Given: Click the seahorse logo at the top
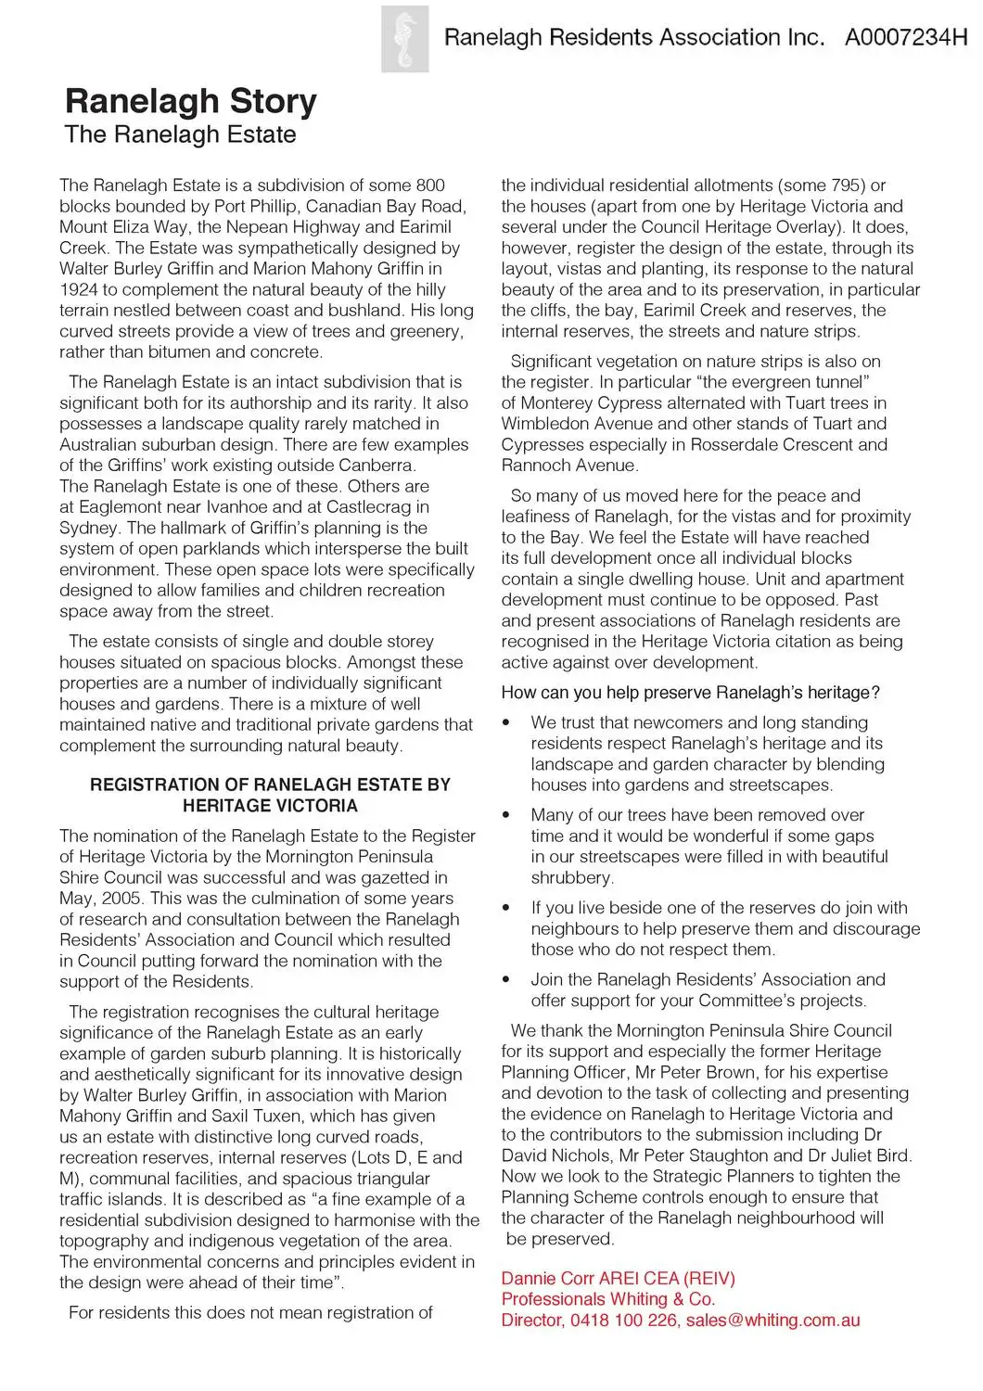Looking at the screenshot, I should [x=405, y=38].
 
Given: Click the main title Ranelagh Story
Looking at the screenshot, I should [x=191, y=101].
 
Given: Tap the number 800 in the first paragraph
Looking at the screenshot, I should [x=430, y=185].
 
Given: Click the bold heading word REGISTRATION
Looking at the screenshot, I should [x=170, y=785].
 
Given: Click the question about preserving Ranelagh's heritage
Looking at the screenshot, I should [x=690, y=693].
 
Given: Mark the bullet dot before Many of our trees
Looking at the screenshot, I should [x=505, y=815].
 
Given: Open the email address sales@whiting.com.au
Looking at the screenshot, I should [x=772, y=1321].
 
